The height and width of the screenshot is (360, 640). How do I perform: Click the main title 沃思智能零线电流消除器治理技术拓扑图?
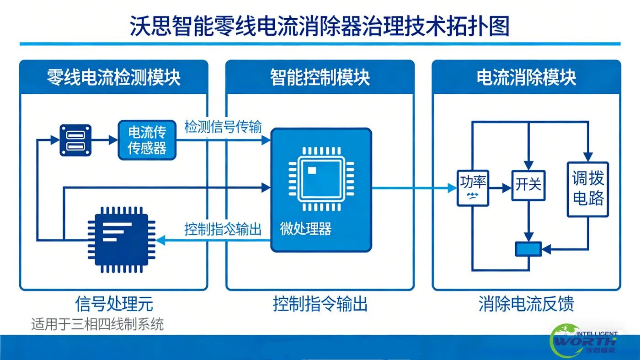coord(320,26)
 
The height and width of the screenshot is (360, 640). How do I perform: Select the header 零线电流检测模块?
coord(113,77)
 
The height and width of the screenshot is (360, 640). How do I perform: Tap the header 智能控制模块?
coord(320,77)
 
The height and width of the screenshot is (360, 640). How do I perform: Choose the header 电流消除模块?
coord(526,77)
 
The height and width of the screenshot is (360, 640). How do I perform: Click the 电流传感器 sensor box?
coord(147,140)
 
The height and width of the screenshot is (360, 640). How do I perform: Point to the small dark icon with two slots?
coord(75,140)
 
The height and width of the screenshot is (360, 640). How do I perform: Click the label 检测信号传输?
coord(223,127)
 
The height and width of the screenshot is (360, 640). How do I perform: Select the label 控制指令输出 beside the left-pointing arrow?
coord(223,229)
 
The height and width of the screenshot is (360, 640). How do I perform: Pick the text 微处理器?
coord(306,229)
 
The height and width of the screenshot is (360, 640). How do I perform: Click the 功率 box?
coord(473,188)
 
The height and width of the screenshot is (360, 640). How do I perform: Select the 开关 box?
coord(528,185)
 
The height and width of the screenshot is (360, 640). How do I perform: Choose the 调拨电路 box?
coord(588,189)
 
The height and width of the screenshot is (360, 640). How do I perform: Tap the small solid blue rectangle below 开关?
coord(528,249)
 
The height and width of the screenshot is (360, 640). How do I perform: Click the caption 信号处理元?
coord(114,304)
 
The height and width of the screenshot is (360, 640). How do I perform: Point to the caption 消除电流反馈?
coord(526,304)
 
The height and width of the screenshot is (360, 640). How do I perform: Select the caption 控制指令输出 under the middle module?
coord(320,304)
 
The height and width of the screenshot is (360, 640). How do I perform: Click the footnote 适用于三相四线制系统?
coord(97,325)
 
